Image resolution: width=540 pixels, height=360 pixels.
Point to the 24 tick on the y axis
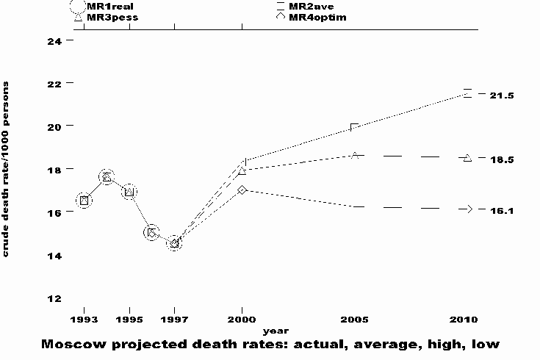point(54,40)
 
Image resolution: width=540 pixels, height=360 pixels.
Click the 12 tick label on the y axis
point(54,298)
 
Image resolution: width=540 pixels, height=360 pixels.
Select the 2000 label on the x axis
point(242,320)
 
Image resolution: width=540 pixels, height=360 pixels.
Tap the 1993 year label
point(84,320)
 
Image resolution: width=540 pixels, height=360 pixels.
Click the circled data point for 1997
point(174,243)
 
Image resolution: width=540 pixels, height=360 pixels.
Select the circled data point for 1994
point(107,177)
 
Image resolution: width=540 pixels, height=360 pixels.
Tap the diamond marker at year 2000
point(242,190)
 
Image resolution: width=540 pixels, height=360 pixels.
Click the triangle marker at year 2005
point(355,155)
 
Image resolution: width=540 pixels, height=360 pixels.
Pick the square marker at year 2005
point(355,128)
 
